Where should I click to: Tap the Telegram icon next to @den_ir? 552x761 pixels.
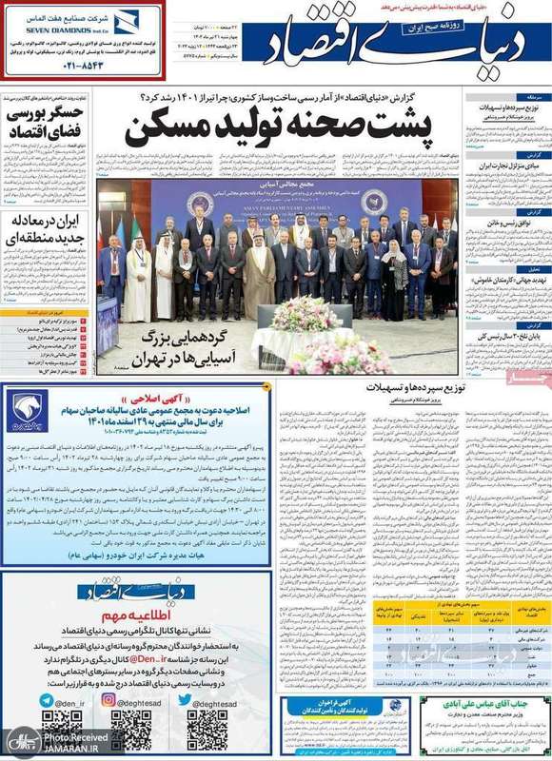tap(49, 699)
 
